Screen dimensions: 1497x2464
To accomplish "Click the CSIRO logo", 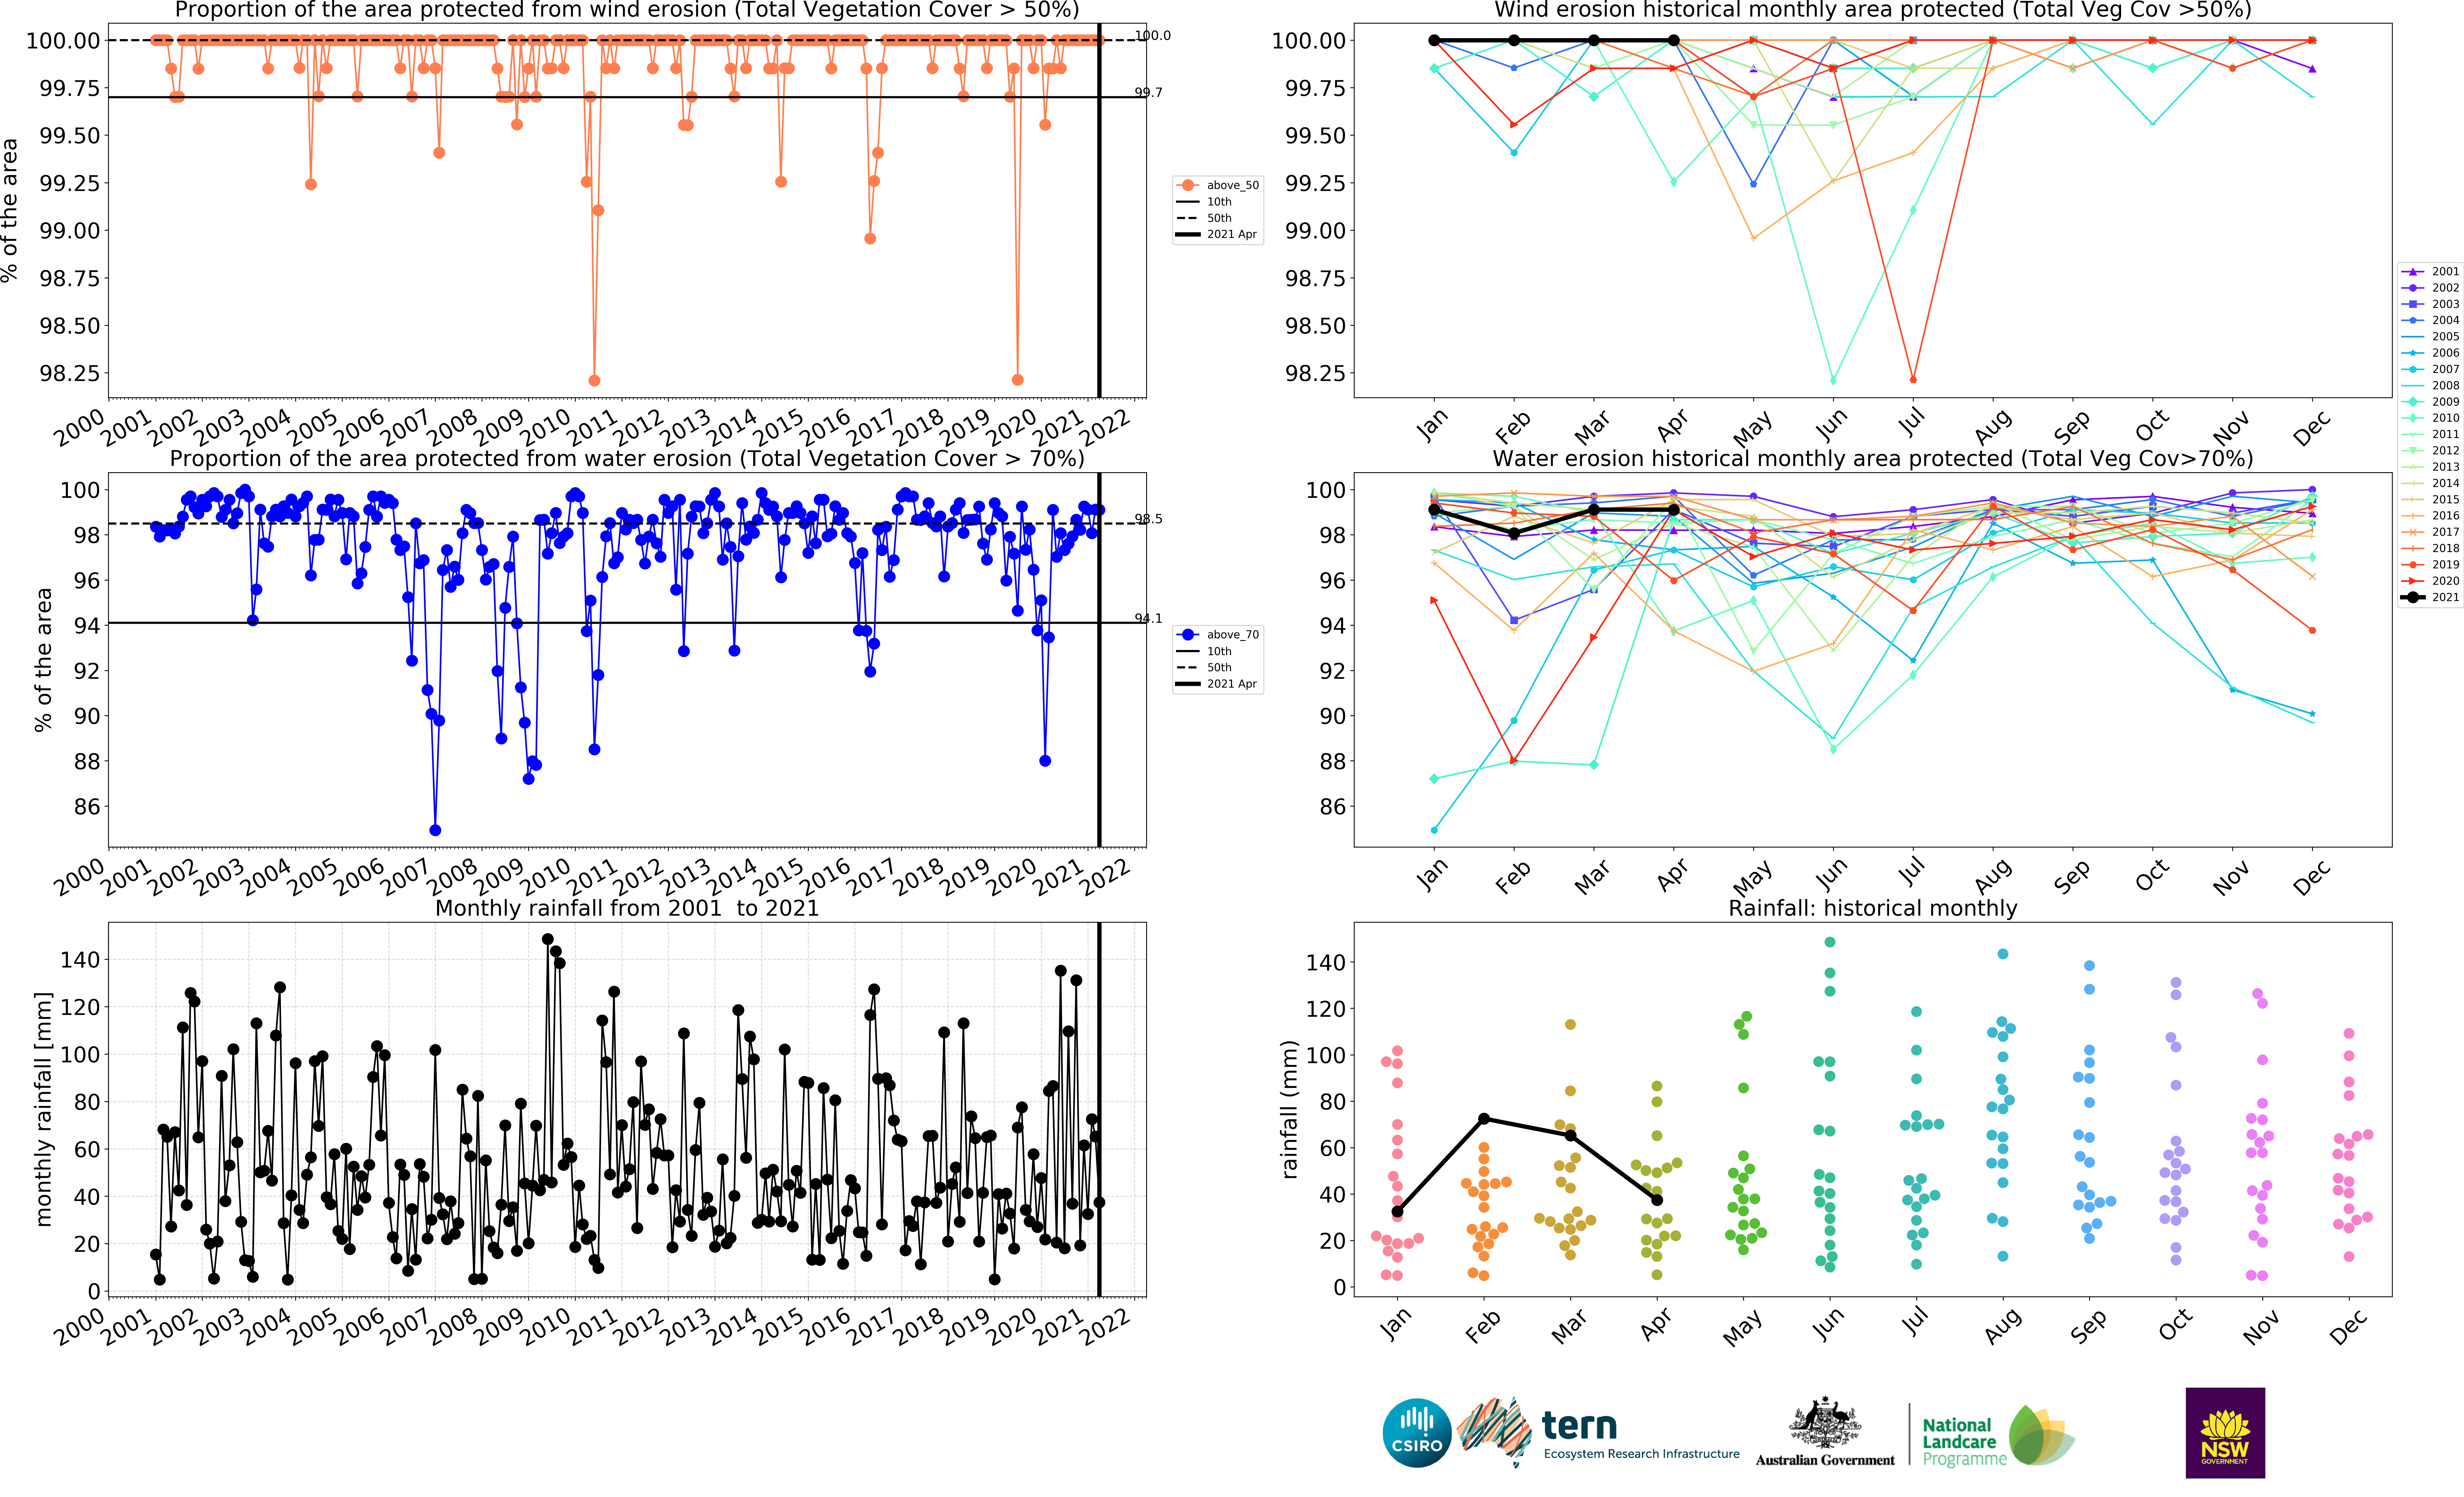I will coord(1417,1433).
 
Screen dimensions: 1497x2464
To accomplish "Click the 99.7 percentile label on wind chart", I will coord(1148,92).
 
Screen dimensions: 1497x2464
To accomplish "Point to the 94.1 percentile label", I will coord(1148,618).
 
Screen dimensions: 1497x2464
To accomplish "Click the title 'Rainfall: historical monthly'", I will coord(1872,908).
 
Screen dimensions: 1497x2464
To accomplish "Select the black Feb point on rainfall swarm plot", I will coord(1484,1119).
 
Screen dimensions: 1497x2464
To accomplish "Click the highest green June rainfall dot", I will coord(1830,942).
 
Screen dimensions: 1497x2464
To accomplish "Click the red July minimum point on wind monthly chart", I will coord(1913,379).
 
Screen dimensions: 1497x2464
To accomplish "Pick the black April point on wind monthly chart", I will coord(1673,40).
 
